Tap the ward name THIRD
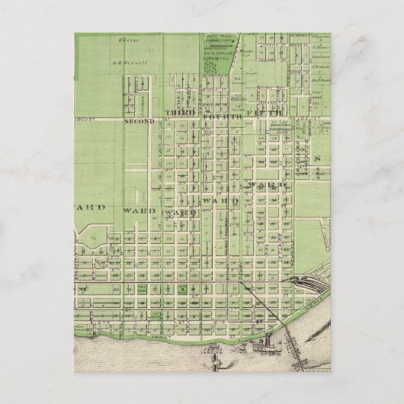point(180,112)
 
